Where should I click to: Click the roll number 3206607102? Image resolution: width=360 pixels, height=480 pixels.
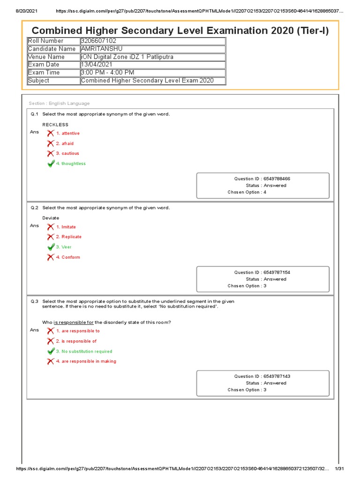98,41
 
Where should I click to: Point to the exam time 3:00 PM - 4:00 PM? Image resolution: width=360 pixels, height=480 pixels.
108,73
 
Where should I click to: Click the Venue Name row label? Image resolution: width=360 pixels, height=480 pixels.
46,57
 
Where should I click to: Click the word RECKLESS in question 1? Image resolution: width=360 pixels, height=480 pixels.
55,125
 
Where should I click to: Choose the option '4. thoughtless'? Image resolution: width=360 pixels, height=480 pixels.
71,164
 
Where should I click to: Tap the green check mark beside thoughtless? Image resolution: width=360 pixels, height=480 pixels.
51,164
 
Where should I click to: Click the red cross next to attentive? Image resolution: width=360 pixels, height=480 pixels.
51,134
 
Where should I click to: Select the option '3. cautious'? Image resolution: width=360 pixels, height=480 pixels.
67,153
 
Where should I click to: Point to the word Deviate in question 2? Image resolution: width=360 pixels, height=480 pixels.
51,218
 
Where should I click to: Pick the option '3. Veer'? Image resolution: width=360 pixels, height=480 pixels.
64,247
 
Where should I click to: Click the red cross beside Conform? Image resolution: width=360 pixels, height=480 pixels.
51,257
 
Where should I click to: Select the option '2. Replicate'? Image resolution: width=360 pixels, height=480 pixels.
68,237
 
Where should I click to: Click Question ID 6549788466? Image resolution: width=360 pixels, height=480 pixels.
265,179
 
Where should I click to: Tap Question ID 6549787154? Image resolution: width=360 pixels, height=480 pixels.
265,272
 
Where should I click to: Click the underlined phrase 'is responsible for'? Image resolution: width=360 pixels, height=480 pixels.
74,322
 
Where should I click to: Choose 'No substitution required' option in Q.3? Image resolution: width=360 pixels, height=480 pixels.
84,351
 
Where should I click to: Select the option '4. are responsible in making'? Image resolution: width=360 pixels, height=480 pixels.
86,361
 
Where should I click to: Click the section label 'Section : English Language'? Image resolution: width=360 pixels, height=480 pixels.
59,104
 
